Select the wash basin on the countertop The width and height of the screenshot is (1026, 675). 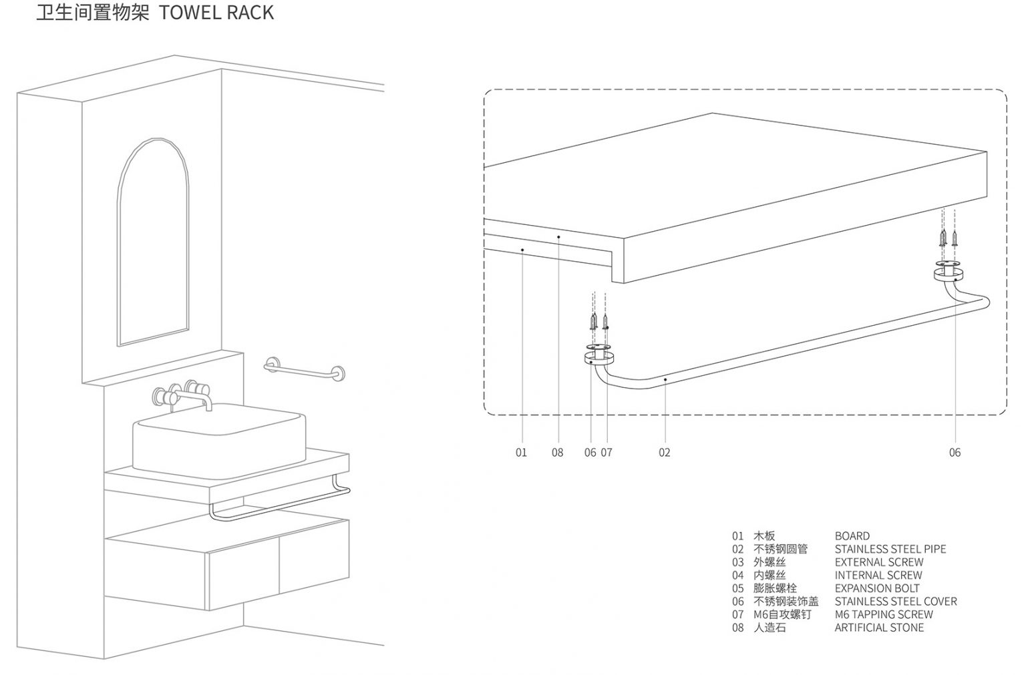coord(219,439)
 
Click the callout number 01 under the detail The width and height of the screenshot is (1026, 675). coord(521,453)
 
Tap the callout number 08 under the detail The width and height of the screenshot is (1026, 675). coord(557,453)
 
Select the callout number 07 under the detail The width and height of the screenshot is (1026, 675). coord(607,453)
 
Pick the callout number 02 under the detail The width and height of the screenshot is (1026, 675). coord(664,453)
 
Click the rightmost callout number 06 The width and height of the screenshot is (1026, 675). coord(955,453)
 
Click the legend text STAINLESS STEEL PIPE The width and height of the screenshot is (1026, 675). coord(890,549)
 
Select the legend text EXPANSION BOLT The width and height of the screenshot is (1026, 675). coord(876,588)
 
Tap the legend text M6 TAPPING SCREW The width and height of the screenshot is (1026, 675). coord(883,614)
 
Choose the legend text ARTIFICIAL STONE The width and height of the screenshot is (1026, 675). coord(879,628)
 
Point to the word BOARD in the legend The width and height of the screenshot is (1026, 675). coord(852,536)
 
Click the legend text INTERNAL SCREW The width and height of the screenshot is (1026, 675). coord(878,576)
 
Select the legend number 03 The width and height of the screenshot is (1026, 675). coord(737,562)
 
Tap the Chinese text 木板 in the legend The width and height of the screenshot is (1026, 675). coord(764,536)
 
